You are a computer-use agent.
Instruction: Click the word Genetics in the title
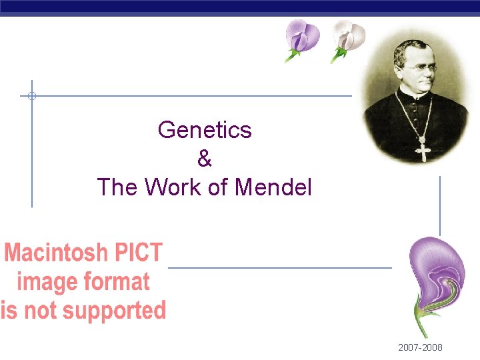(205, 129)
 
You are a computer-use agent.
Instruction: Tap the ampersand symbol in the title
(205, 159)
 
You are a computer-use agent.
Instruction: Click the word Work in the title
(173, 187)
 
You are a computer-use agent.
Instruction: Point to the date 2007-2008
(420, 348)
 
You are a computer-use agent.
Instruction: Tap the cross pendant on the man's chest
(423, 151)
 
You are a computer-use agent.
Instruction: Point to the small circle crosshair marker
(31, 96)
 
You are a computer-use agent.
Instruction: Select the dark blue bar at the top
(240, 7)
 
